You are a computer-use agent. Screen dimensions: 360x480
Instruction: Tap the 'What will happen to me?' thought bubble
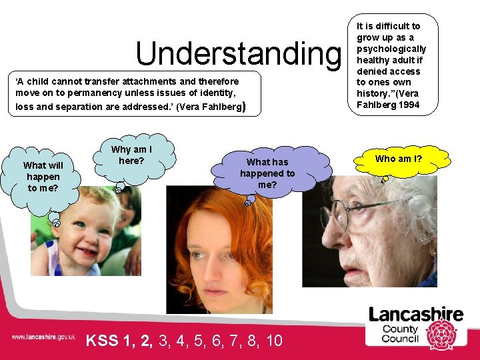click(43, 177)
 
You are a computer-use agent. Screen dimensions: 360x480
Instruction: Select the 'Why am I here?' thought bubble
click(131, 155)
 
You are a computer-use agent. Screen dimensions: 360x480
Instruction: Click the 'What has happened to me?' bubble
click(267, 173)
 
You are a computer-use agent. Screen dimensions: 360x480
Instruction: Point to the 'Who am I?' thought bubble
click(399, 159)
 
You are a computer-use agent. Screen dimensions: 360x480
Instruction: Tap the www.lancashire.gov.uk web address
click(43, 337)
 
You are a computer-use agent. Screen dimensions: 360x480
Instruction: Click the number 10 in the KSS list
click(274, 341)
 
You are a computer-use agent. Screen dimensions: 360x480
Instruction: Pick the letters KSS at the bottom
click(103, 341)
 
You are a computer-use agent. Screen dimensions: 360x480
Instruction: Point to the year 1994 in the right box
click(408, 105)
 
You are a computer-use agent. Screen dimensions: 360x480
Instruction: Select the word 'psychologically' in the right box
click(391, 49)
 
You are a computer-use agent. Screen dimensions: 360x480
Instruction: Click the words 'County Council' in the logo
click(400, 333)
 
